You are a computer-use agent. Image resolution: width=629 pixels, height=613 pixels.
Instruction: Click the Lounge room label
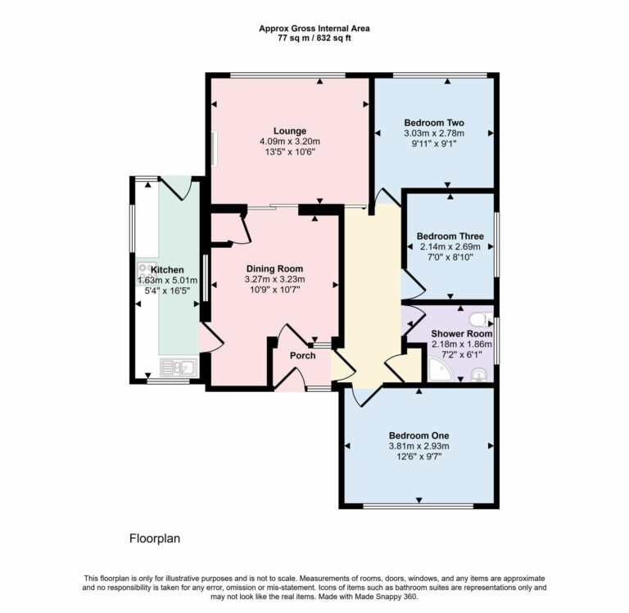point(289,131)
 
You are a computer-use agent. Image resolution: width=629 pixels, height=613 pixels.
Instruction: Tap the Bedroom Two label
point(433,123)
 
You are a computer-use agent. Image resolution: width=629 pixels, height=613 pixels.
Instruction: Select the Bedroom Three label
point(450,237)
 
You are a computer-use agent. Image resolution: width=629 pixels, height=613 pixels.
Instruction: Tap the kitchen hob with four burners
point(145,269)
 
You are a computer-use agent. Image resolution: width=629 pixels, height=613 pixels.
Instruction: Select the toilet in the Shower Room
point(481,318)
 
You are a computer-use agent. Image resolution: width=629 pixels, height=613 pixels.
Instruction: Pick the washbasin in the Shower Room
point(479,375)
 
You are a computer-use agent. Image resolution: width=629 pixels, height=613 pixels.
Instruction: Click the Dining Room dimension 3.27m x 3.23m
point(274,279)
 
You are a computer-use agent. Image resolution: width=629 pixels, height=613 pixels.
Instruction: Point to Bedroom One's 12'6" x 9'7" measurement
point(419,457)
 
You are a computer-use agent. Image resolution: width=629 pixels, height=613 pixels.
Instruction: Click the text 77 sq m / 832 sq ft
point(314,38)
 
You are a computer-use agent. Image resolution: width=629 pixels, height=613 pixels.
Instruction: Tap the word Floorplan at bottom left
point(154,539)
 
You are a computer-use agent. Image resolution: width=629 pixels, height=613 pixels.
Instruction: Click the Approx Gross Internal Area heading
point(314,28)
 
